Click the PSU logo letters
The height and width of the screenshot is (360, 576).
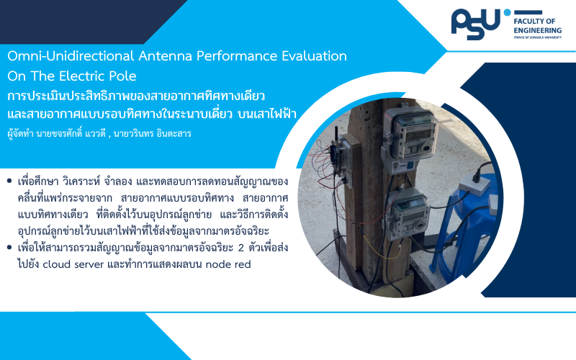click(476, 24)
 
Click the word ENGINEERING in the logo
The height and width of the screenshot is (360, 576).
click(537, 30)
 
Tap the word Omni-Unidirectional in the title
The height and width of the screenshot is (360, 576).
click(71, 56)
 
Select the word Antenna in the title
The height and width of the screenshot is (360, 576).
click(166, 56)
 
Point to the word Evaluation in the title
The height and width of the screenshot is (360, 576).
click(314, 56)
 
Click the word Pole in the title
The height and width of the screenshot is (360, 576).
click(122, 76)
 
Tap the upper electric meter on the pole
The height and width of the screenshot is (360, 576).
click(410, 135)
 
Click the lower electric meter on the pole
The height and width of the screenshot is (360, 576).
click(408, 212)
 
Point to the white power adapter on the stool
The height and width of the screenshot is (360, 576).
click(474, 183)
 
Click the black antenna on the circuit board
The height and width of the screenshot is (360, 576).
click(336, 135)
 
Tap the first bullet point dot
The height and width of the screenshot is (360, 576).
click(9, 181)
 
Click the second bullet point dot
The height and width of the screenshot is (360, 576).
click(9, 247)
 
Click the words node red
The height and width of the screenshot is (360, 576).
click(228, 264)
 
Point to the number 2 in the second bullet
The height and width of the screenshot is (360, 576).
click(241, 248)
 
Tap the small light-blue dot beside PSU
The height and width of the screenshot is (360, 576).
click(507, 12)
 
